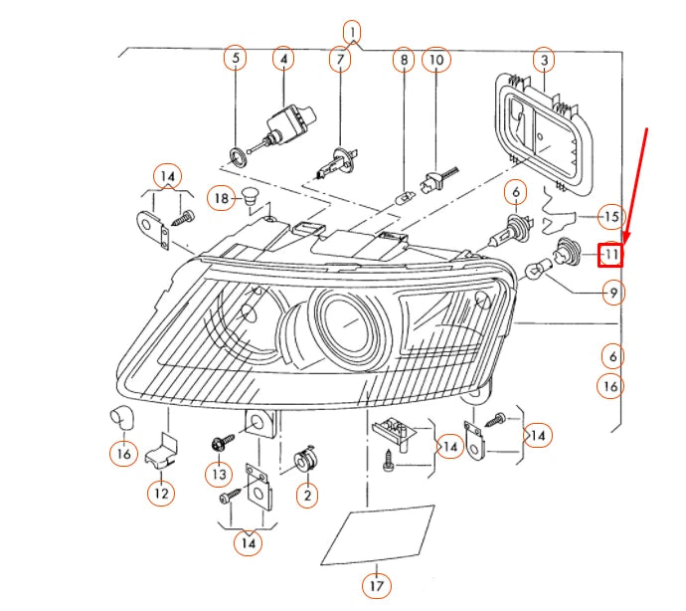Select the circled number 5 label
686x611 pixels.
[236, 59]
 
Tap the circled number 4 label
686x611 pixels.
[283, 59]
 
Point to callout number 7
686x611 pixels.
[340, 60]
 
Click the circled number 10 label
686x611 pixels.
[435, 60]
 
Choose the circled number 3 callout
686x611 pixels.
[543, 60]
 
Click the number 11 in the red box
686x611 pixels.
[609, 256]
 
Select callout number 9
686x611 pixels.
[612, 293]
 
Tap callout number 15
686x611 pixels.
[611, 216]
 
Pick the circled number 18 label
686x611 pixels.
[221, 199]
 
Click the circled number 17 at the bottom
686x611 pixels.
[376, 587]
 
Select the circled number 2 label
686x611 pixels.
[307, 495]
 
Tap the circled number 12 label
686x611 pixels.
[161, 492]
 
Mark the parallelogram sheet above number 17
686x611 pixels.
[378, 535]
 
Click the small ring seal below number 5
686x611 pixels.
[238, 155]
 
